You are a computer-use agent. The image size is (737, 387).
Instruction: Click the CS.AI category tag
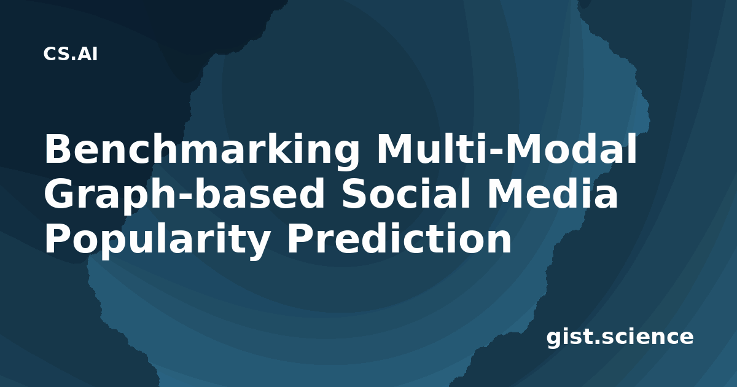(x=71, y=54)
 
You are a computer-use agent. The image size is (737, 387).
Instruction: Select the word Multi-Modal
(x=507, y=149)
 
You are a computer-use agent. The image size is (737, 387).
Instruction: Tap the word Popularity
(x=157, y=241)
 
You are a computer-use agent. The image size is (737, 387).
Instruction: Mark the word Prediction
(x=399, y=238)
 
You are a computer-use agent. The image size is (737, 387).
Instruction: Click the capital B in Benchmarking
(x=57, y=149)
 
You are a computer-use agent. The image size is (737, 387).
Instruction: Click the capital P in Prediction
(x=300, y=238)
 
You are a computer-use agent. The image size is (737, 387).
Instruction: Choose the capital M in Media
(x=505, y=193)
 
